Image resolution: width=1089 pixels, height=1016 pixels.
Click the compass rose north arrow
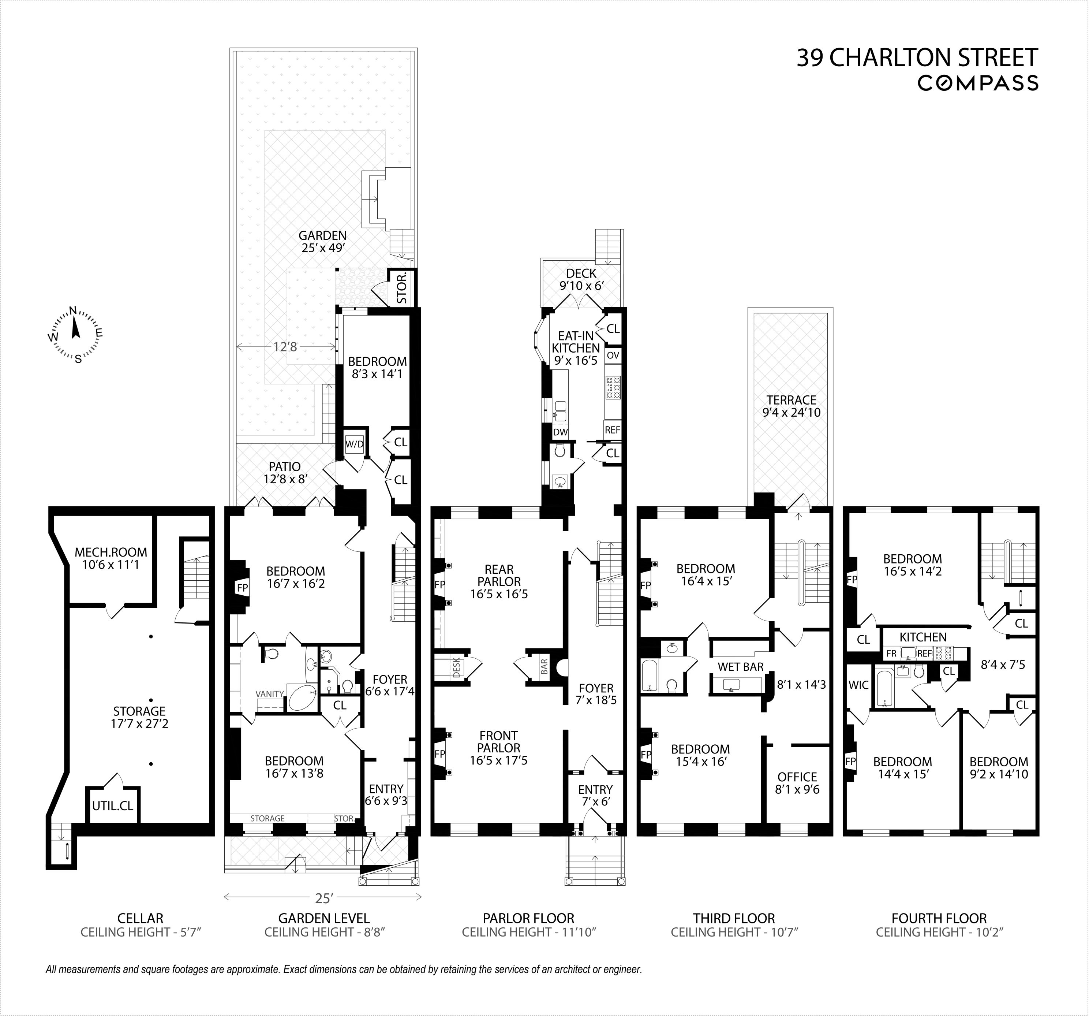(x=75, y=328)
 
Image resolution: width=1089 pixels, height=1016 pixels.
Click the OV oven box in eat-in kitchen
(x=613, y=355)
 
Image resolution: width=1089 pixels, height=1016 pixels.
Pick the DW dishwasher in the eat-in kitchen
(x=560, y=432)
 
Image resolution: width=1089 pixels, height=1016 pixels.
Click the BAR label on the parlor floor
(x=544, y=666)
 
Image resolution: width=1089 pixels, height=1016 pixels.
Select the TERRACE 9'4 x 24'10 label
(x=791, y=406)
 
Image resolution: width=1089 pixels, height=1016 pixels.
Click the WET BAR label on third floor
(x=741, y=666)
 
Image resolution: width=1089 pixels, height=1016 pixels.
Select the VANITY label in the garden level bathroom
(x=270, y=694)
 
